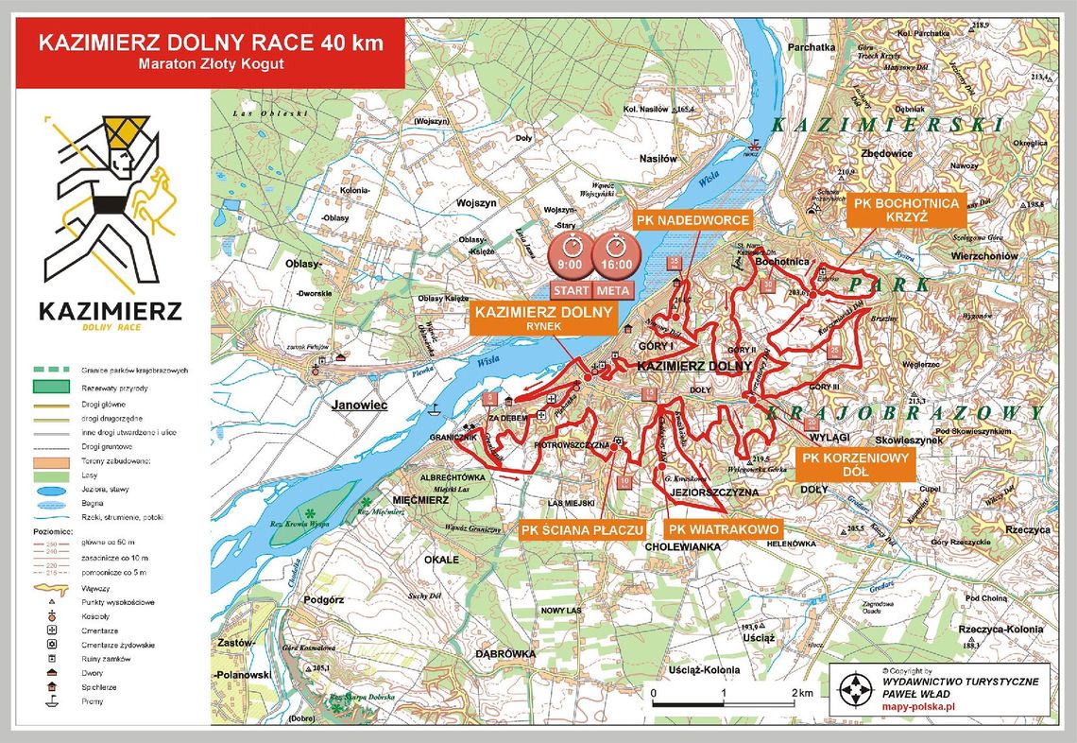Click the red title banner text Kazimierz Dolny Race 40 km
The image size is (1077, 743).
[212, 43]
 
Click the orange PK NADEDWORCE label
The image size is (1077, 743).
[692, 220]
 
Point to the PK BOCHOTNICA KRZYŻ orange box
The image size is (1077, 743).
[905, 210]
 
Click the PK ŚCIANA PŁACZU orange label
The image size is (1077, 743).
[583, 530]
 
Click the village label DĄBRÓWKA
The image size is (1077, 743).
[505, 654]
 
